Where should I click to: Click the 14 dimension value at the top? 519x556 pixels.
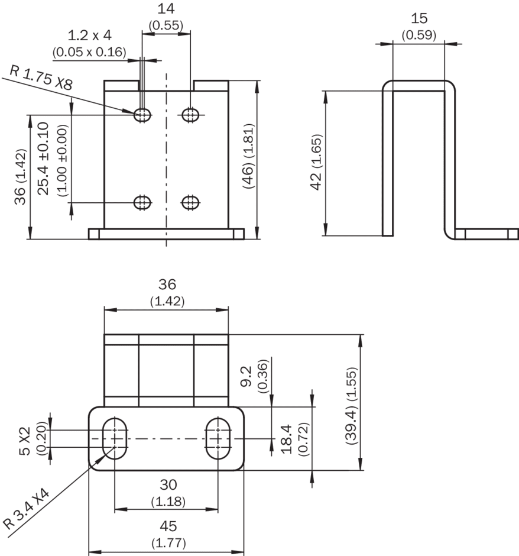[x=166, y=9]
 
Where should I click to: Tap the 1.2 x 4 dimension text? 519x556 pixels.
[x=90, y=35]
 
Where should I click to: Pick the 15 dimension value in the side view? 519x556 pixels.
[x=419, y=18]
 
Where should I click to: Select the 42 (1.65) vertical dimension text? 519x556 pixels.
[x=316, y=161]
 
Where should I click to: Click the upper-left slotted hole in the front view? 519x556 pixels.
[x=142, y=114]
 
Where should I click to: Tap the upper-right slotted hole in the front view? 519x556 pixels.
[x=190, y=114]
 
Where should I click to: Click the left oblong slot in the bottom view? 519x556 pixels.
[x=115, y=438]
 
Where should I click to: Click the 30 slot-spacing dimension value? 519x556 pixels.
[x=168, y=485]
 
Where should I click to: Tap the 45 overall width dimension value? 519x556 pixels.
[x=168, y=526]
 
